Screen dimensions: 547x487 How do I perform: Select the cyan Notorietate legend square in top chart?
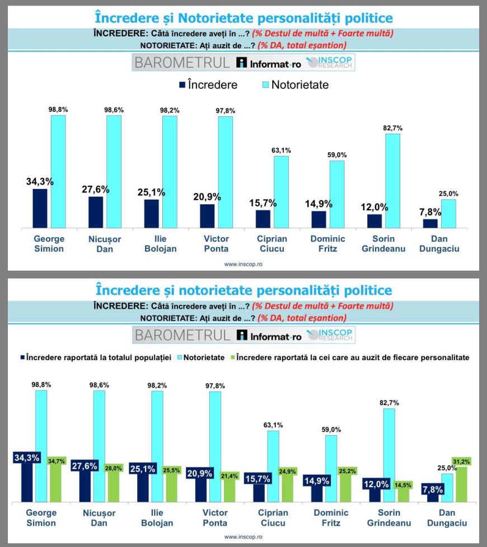(x=265, y=86)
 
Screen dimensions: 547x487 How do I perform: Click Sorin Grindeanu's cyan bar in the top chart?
(x=393, y=181)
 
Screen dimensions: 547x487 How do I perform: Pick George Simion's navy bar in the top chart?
(x=40, y=208)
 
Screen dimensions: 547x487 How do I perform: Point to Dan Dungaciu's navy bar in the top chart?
(x=430, y=223)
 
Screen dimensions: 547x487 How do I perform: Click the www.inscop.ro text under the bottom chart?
(x=243, y=537)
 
